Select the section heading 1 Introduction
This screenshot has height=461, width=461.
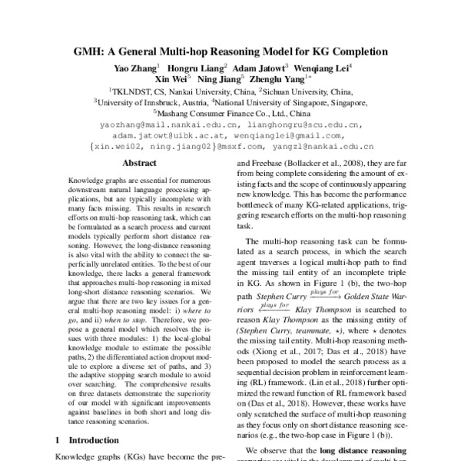click(84, 440)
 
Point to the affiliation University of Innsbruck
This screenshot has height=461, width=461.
click(138, 101)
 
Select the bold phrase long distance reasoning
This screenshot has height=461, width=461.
click(354, 449)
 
